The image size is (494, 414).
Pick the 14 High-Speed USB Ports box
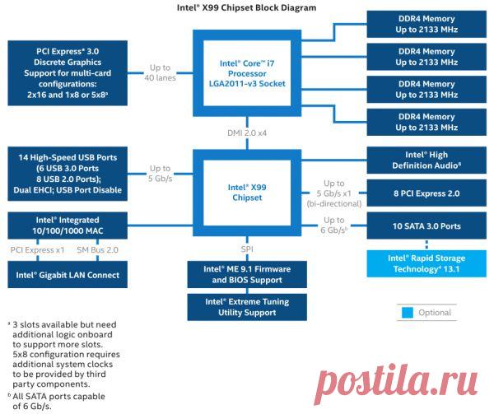pyautogui.click(x=68, y=174)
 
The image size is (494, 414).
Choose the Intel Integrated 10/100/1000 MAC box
pyautogui.click(x=68, y=226)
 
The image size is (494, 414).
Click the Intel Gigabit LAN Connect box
pyautogui.click(x=68, y=275)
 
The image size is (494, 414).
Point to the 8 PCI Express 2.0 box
pyautogui.click(x=426, y=193)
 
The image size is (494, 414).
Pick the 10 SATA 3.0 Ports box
pyautogui.click(x=426, y=226)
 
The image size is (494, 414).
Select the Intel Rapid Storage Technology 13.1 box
pyautogui.click(x=426, y=263)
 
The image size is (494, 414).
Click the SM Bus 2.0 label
pyautogui.click(x=98, y=249)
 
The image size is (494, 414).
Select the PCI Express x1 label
pyautogui.click(x=36, y=249)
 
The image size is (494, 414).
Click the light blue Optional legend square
pyautogui.click(x=407, y=313)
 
